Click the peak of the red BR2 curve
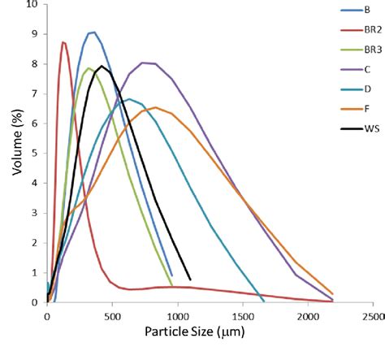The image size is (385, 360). [x=63, y=42]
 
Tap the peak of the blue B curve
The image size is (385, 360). [x=93, y=33]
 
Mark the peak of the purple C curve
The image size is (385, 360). [x=143, y=63]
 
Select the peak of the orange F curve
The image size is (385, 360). [x=155, y=107]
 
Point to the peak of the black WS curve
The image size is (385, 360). [x=102, y=66]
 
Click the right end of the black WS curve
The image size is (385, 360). [x=190, y=280]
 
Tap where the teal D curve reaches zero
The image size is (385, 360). [x=264, y=301]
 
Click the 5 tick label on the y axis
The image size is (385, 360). [x=35, y=153]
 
